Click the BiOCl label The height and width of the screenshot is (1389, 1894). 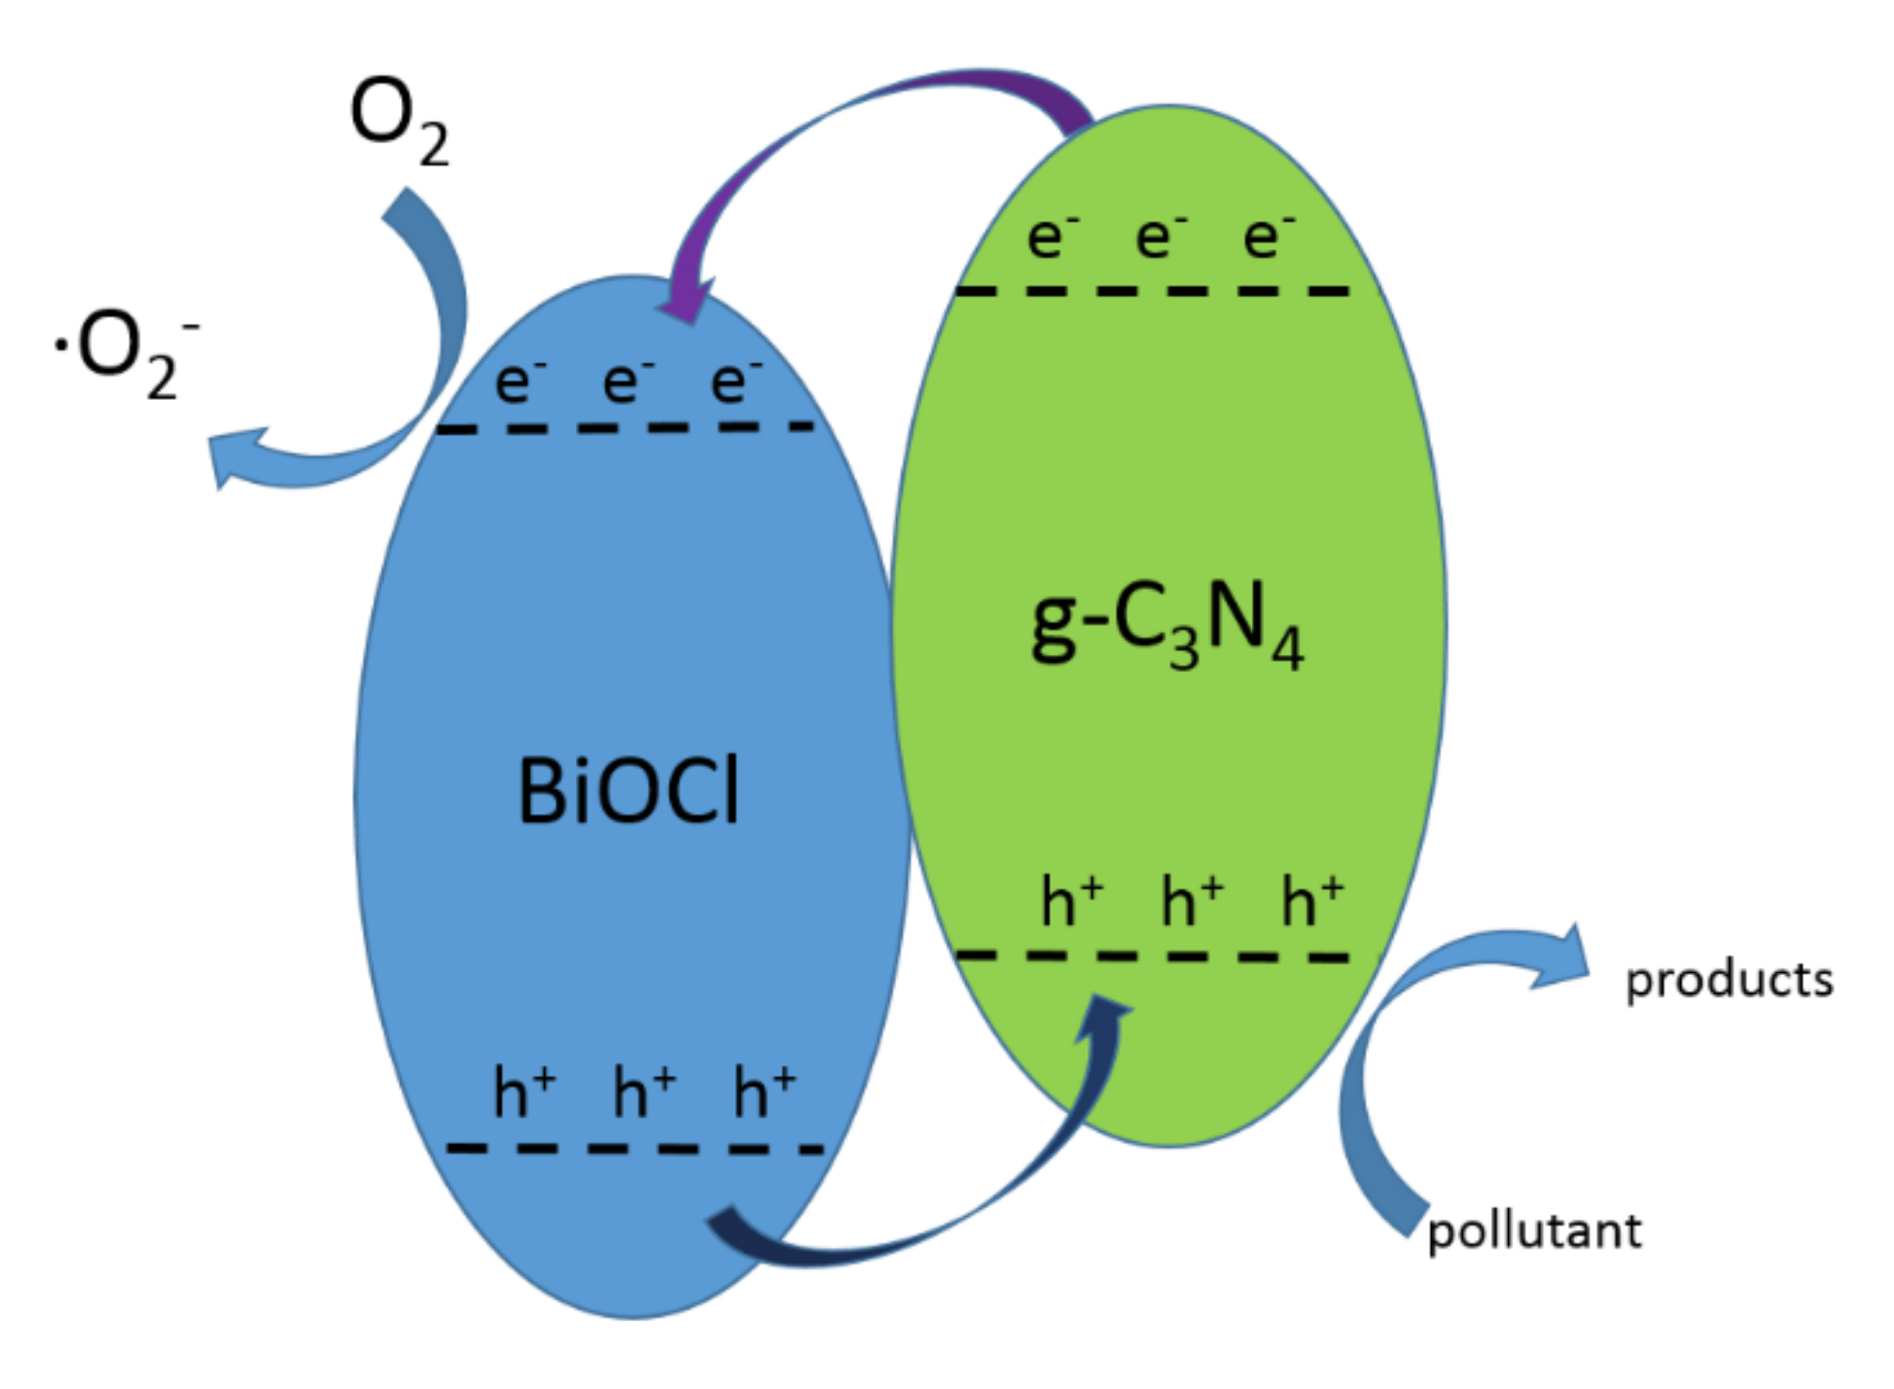point(628,791)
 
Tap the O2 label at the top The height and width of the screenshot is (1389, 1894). point(397,119)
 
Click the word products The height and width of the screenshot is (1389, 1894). point(1728,980)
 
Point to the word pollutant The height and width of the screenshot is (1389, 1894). point(1533,1231)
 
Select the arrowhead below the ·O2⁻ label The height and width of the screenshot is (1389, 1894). point(231,456)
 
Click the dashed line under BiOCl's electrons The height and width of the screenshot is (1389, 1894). point(626,428)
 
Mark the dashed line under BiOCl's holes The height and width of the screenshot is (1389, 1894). point(634,1148)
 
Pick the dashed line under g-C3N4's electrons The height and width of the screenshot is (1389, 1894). point(1152,291)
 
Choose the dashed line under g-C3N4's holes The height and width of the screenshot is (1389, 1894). point(1152,956)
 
